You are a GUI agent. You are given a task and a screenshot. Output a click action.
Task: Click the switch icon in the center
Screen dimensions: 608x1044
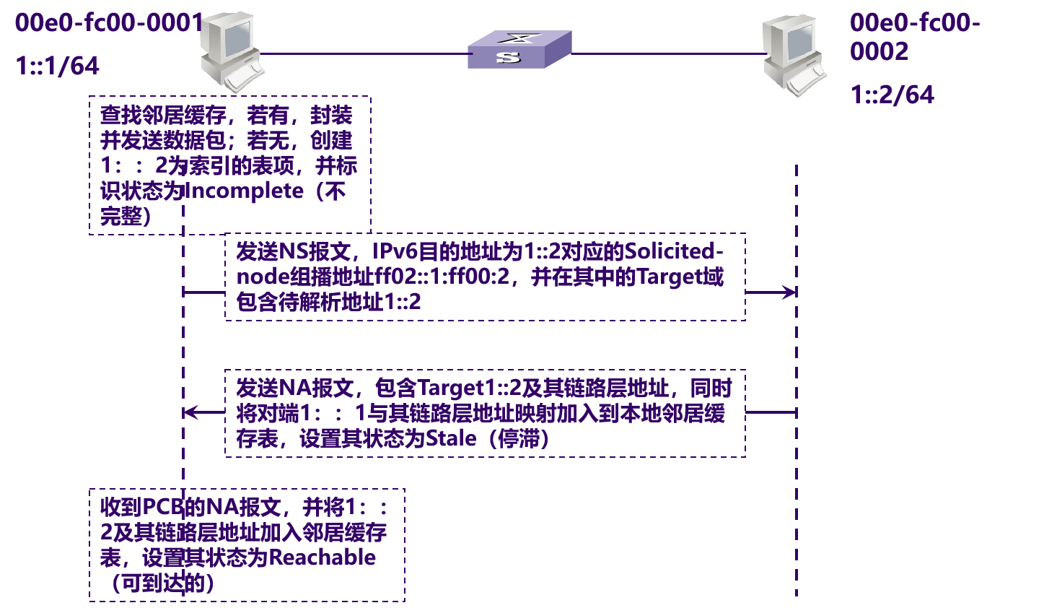coord(519,50)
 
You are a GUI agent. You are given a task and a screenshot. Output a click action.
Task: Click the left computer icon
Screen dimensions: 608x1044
coord(230,51)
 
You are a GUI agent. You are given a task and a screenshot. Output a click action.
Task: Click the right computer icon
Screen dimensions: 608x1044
coord(793,56)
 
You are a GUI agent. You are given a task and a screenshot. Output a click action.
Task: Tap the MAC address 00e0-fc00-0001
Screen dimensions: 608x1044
coord(108,23)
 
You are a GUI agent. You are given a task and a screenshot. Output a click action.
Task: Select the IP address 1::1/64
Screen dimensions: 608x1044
coord(58,66)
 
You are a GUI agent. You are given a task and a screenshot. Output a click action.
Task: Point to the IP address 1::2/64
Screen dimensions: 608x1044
coord(892,95)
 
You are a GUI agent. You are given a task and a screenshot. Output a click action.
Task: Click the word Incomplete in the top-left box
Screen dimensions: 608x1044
coord(244,191)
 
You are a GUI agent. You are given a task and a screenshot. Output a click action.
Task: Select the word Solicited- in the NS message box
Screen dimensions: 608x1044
coord(674,251)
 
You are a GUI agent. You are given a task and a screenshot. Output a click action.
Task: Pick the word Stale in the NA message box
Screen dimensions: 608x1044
coord(451,438)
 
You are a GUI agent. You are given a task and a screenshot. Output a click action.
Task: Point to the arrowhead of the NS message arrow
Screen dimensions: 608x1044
coord(791,292)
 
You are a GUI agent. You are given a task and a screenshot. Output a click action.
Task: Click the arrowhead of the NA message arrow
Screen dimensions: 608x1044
coord(189,412)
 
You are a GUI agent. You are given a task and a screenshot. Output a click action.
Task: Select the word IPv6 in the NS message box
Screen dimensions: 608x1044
coord(395,251)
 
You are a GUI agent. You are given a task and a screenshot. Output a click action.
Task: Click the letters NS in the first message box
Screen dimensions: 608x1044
coord(293,251)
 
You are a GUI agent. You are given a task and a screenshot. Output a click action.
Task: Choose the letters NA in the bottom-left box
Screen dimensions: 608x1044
coord(222,507)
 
